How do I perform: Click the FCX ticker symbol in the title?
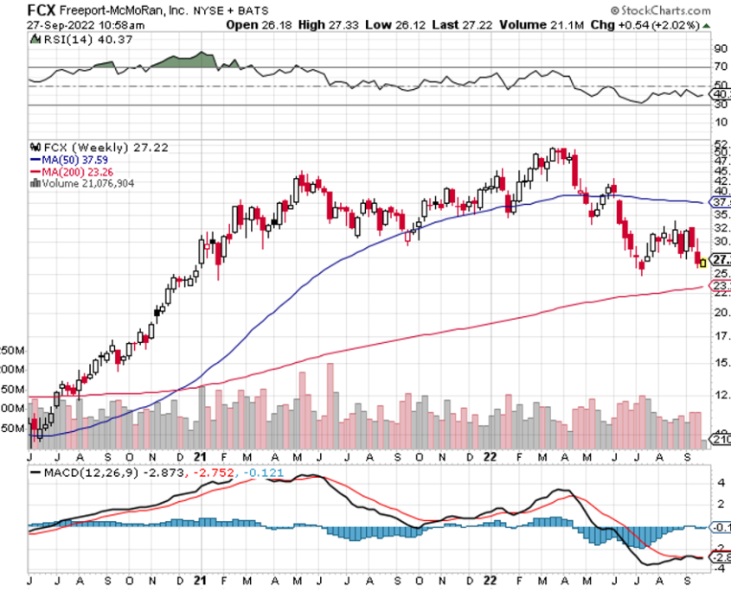[19, 10]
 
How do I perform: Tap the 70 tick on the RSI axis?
[719, 66]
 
